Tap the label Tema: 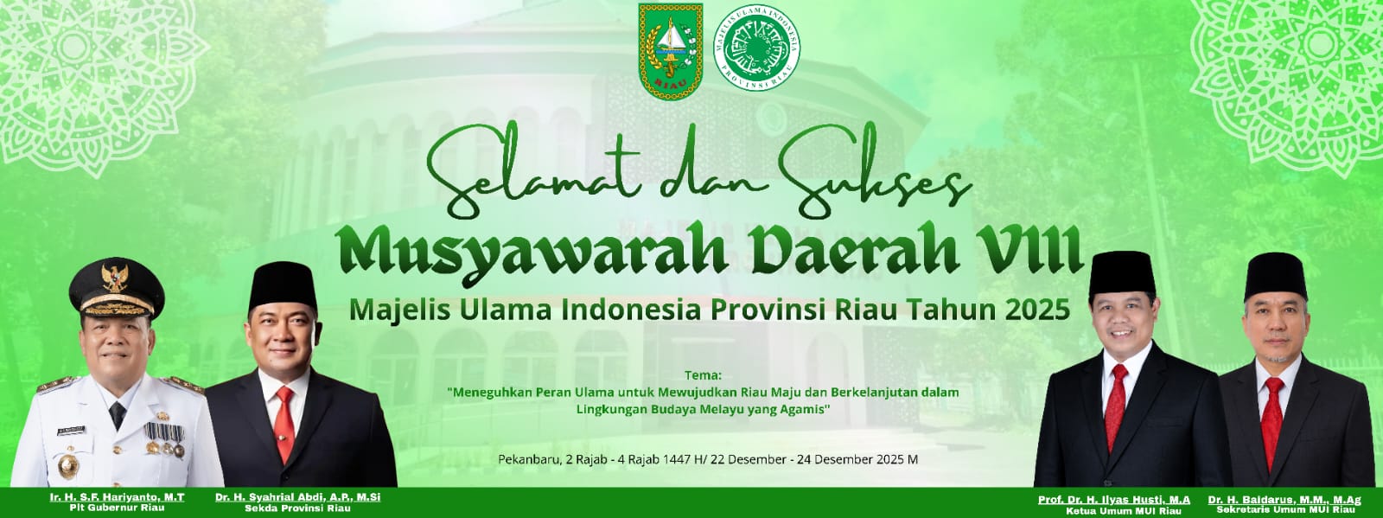702,375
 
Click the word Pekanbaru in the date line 527,459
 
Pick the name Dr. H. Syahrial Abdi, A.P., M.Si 298,498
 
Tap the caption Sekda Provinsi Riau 298,509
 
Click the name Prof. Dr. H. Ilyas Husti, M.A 1114,500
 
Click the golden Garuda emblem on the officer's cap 113,278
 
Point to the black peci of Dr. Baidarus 1276,276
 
